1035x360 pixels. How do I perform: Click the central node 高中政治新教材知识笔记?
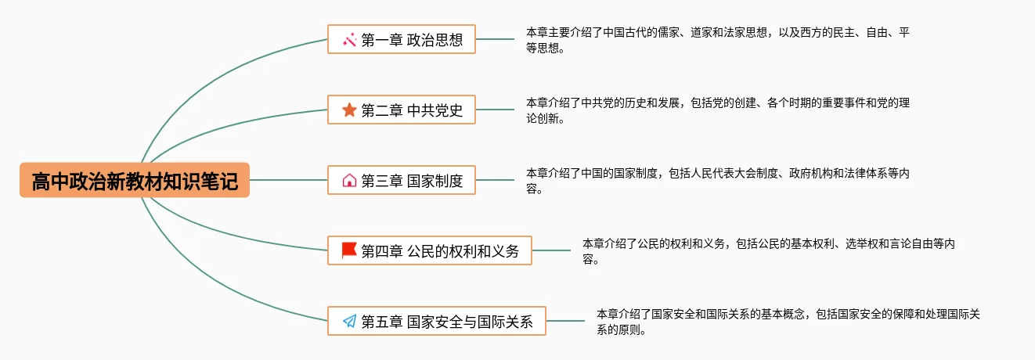coord(135,180)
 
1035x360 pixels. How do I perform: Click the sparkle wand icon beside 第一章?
coord(349,39)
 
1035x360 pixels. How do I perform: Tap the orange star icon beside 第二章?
coord(349,110)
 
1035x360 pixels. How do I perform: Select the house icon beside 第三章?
coord(349,180)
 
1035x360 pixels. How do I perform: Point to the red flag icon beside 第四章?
coord(349,250)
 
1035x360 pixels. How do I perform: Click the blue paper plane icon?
coord(349,321)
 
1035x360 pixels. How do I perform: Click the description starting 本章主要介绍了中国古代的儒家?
coord(716,39)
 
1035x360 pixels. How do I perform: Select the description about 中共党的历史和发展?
coord(716,110)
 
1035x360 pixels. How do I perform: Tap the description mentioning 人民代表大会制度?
coord(716,180)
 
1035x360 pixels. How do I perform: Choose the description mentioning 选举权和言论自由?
coord(767,250)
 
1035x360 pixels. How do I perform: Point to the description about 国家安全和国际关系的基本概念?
coord(787,321)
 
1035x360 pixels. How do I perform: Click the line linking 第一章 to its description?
coord(495,39)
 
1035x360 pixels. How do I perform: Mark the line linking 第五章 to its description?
coord(565,321)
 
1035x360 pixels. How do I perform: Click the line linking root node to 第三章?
coord(288,180)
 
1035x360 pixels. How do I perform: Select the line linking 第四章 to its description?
coord(551,250)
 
